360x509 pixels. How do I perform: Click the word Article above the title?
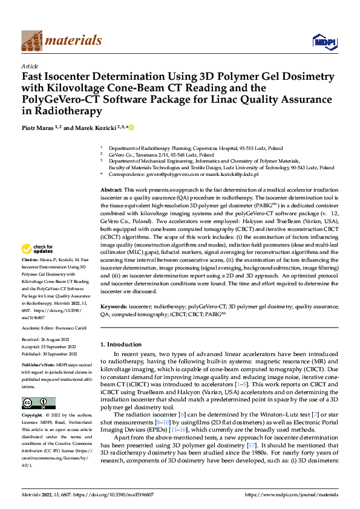tap(30, 66)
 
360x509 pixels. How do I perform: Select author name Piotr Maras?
tap(39, 128)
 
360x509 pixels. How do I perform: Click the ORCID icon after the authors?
tap(131, 128)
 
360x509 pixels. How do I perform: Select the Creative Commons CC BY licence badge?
tap(39, 403)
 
